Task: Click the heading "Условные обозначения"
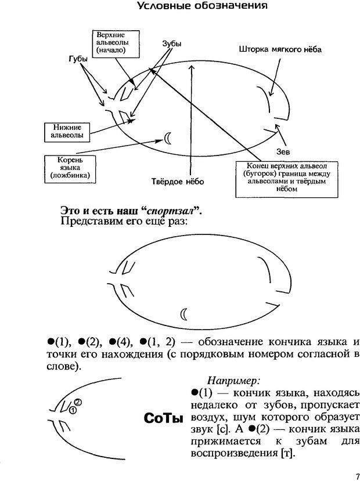201,6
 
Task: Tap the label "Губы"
77,59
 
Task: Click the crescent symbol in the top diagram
168,138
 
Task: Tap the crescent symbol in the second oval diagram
185,314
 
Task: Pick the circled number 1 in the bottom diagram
73,410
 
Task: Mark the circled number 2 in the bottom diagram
78,402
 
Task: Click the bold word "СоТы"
162,418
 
